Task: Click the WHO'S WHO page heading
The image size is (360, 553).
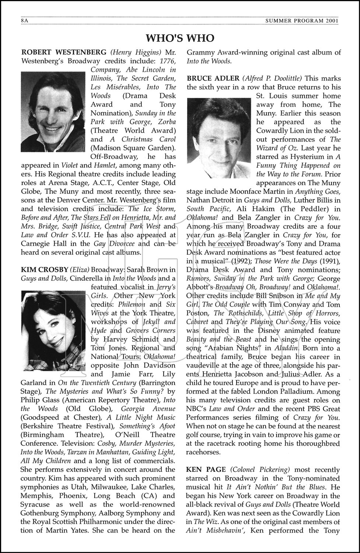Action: (180, 38)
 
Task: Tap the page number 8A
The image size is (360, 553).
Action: (25, 21)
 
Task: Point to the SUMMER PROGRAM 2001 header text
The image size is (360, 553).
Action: (302, 21)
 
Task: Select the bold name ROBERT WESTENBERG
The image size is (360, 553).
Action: (64, 52)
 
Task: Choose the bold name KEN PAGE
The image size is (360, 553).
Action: (206, 470)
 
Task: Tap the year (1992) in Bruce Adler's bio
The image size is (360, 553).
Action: (252, 261)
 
